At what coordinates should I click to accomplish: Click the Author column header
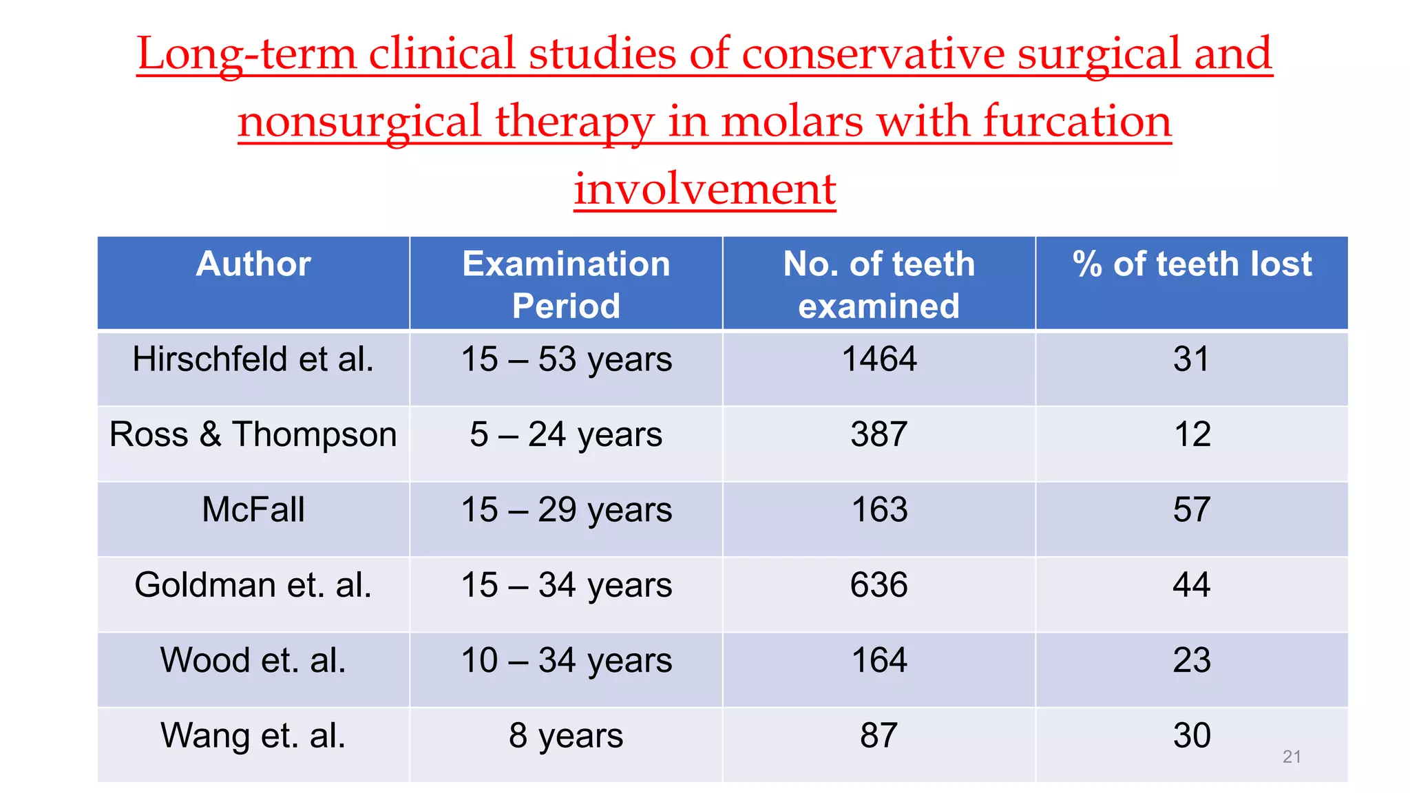(x=253, y=264)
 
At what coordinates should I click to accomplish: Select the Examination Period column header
(x=566, y=284)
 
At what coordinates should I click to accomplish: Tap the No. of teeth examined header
(x=878, y=284)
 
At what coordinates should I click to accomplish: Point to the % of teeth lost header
(x=1192, y=264)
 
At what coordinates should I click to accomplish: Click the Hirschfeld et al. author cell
(x=253, y=359)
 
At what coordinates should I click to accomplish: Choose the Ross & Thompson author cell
(x=253, y=435)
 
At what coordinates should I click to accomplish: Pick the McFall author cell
(x=253, y=510)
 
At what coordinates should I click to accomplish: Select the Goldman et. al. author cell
(x=253, y=585)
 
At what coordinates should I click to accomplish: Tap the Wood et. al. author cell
(x=253, y=660)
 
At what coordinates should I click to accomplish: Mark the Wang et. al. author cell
(x=253, y=735)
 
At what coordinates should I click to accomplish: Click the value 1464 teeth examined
(x=879, y=359)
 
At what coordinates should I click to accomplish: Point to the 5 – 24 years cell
(x=566, y=435)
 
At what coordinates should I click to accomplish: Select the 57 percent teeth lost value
(x=1192, y=510)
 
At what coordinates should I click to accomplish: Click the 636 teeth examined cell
(x=879, y=585)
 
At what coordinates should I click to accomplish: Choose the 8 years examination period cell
(x=566, y=735)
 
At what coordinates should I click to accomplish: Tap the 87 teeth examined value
(x=879, y=735)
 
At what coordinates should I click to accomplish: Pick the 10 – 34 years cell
(x=566, y=660)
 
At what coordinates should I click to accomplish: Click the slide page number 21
(x=1292, y=757)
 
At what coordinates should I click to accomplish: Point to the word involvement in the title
(x=705, y=189)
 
